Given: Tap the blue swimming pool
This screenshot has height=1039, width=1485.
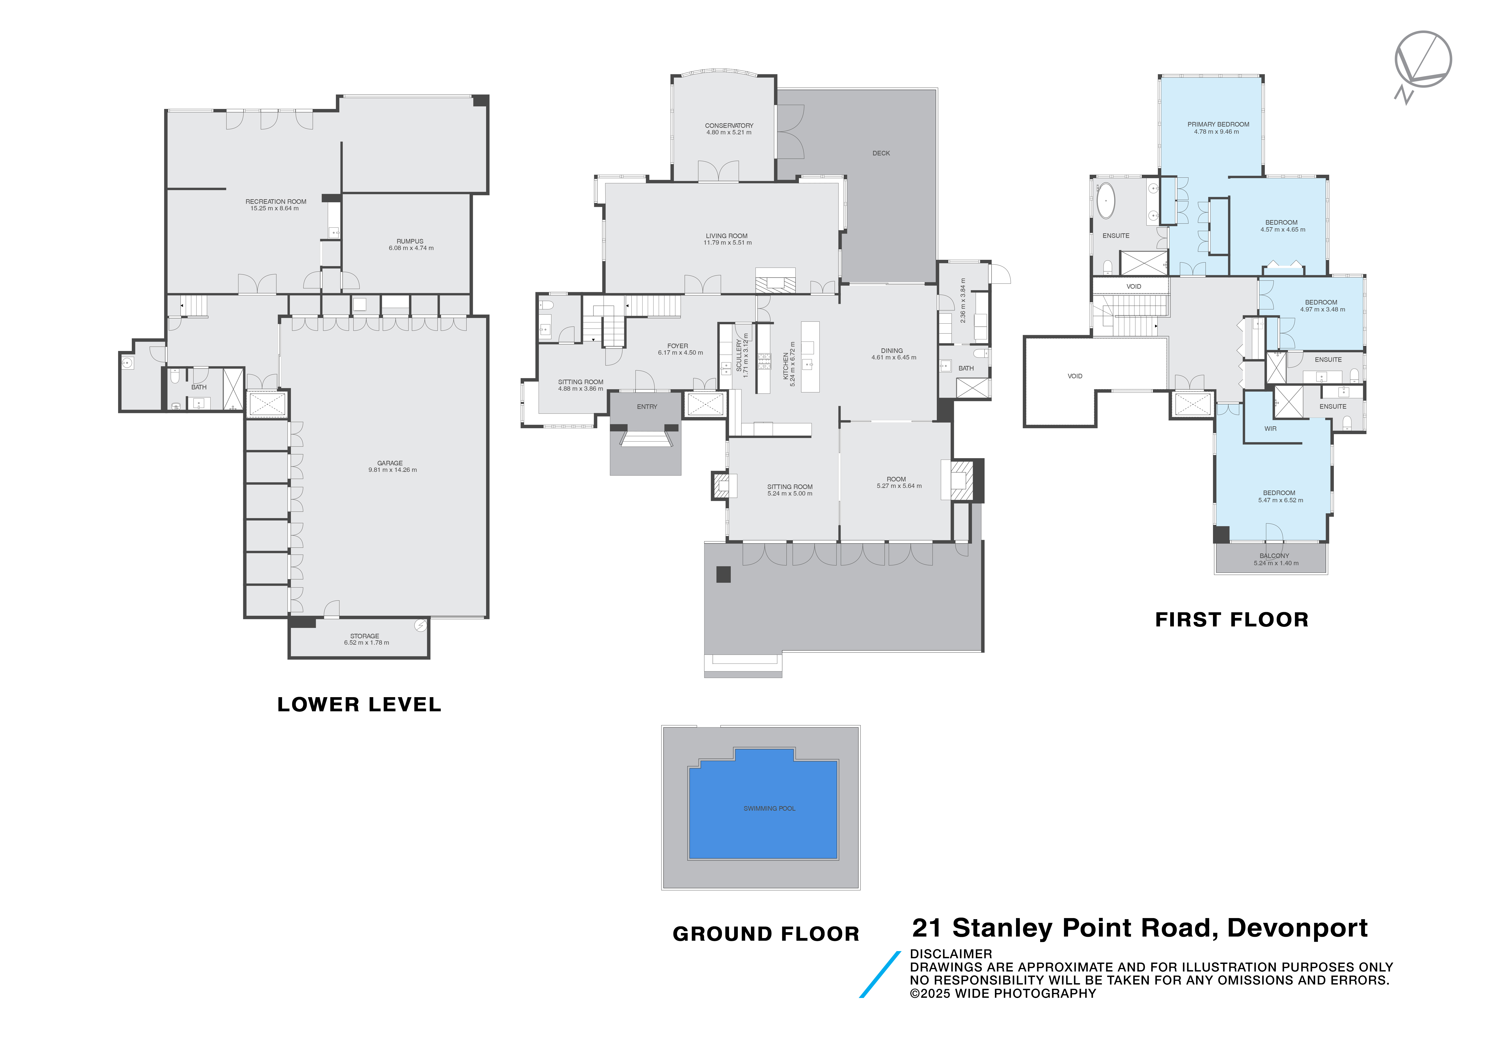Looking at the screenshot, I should click(x=763, y=808).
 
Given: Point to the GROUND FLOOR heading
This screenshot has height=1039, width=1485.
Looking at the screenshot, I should click(x=766, y=934).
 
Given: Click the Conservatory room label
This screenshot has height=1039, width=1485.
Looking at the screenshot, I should click(x=729, y=125).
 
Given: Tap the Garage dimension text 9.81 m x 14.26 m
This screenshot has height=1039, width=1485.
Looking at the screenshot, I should click(x=393, y=470).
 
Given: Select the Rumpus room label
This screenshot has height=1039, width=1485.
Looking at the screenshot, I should click(x=410, y=241).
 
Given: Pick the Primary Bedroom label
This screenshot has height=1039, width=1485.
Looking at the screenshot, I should click(x=1218, y=124).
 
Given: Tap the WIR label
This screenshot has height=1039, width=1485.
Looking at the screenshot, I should click(x=1270, y=429).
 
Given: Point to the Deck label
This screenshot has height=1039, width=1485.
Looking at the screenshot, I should click(x=881, y=153).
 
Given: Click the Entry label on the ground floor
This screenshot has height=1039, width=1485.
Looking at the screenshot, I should click(x=647, y=407).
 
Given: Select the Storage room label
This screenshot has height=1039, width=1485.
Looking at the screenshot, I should click(x=365, y=636).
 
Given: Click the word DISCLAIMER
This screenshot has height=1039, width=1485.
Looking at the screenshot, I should click(x=951, y=954).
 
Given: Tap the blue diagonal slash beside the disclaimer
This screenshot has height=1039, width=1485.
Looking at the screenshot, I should click(x=880, y=974).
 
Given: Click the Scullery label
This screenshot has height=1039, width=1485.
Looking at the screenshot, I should click(x=739, y=356).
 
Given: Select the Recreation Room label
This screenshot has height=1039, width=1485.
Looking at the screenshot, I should click(x=276, y=202).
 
